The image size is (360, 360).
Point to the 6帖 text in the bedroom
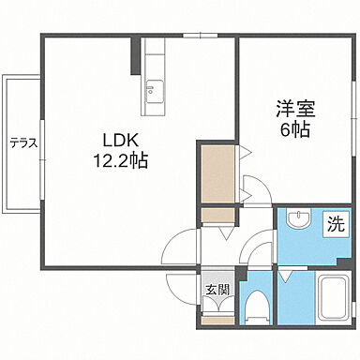294,129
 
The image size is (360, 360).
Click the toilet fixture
255,306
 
